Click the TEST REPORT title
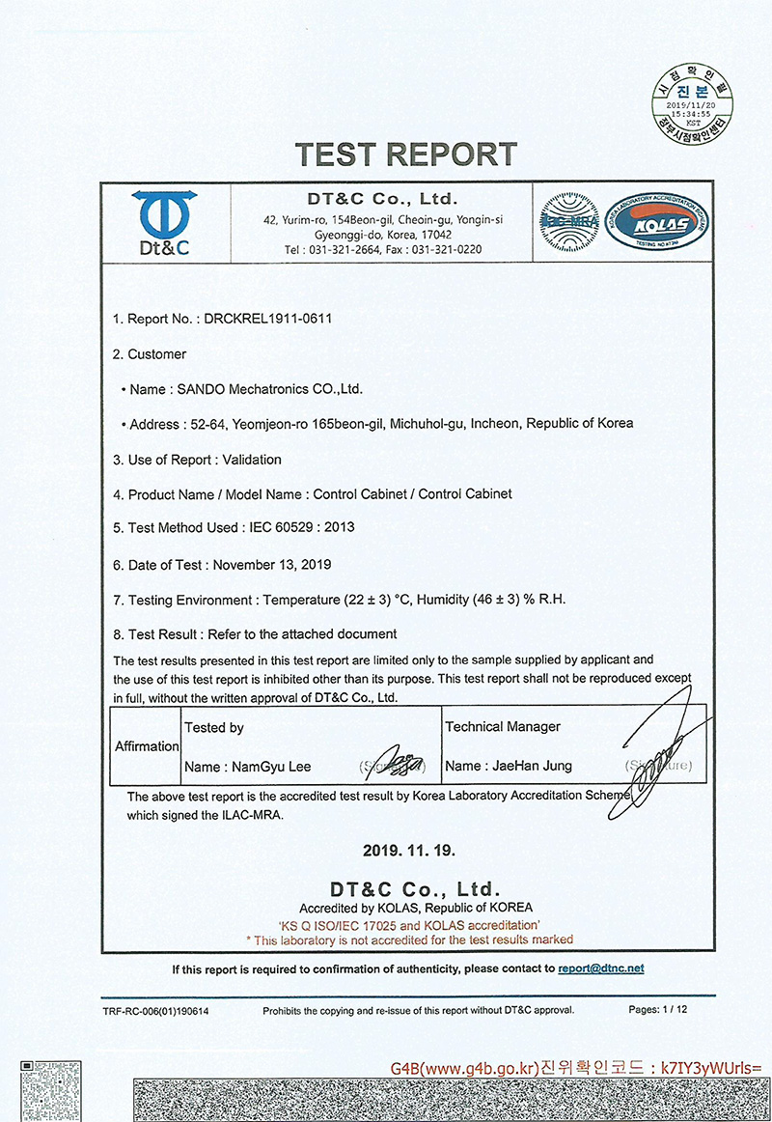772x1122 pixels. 405,154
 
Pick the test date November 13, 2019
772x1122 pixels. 272,564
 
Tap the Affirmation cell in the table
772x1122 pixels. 147,746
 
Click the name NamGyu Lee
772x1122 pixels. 271,767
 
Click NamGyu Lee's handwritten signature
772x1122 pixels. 398,763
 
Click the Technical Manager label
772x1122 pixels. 503,726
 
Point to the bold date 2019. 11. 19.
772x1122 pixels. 409,851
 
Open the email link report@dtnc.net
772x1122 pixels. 600,968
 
